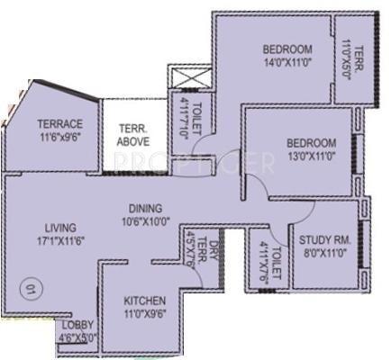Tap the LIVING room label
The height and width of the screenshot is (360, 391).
point(58,228)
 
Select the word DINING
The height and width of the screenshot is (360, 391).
point(144,206)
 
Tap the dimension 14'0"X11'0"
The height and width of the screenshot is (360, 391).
point(286,62)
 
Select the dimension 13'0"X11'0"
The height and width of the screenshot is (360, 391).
point(311,157)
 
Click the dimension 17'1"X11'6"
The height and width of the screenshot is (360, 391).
point(58,241)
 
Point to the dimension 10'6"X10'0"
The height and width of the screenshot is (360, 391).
point(144,219)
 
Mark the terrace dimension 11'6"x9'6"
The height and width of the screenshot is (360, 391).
point(59,138)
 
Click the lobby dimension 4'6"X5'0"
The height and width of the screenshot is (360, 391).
point(77,339)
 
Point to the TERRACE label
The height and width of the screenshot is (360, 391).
point(59,124)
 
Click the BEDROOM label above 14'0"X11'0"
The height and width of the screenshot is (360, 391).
point(287,49)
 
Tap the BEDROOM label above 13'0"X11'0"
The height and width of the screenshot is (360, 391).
point(311,143)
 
